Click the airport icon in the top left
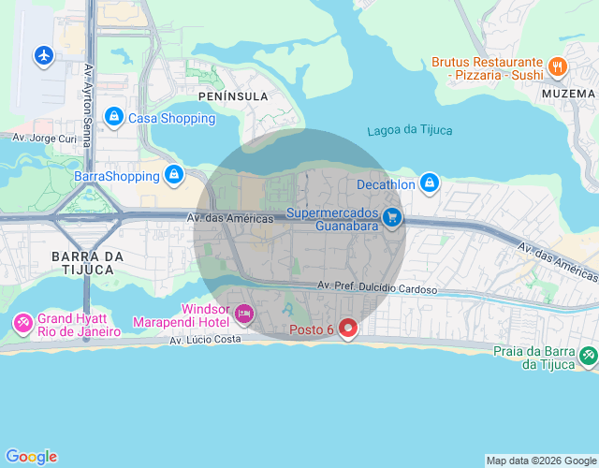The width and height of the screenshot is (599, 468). point(43,55)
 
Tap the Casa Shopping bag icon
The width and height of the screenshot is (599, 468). point(113,116)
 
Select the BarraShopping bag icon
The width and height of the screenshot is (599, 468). point(173,174)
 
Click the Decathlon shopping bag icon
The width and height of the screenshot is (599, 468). point(429,183)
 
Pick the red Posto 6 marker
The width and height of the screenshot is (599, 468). point(348,329)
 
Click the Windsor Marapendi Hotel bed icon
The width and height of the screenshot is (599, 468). point(244,314)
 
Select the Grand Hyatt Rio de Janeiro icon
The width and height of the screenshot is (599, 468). point(22,324)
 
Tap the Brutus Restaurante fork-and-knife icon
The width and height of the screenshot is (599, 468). point(557,66)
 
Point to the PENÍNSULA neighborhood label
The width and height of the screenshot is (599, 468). point(233,96)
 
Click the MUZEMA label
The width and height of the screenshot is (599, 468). point(568,94)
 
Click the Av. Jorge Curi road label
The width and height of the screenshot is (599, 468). point(44,138)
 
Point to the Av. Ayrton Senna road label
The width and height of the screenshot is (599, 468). point(89,105)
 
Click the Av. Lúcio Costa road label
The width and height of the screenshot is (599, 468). point(206,341)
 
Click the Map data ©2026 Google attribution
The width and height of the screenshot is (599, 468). point(541,461)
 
